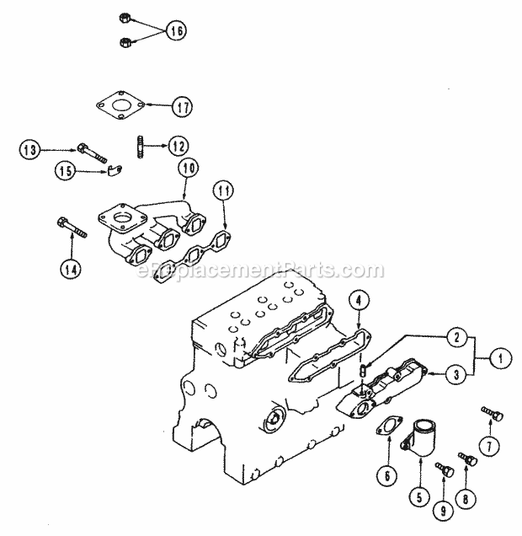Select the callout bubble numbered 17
182,107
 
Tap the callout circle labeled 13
30,151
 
